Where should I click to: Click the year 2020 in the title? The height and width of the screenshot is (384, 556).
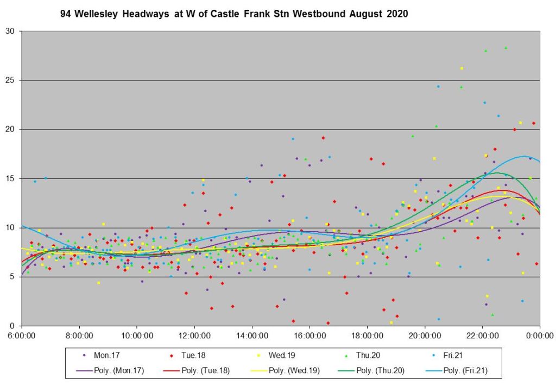(397, 14)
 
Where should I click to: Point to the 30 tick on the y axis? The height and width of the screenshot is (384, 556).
(10, 31)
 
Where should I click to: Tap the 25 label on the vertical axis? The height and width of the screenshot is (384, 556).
(10, 80)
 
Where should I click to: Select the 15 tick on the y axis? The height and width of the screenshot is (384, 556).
(10, 178)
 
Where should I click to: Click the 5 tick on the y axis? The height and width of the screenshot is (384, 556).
(12, 277)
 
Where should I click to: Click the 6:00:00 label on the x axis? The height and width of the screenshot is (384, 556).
(22, 335)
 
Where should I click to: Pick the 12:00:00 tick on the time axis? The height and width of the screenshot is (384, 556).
(194, 335)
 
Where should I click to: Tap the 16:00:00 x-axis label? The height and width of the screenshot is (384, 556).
(309, 335)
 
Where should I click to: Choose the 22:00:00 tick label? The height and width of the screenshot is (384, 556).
(482, 335)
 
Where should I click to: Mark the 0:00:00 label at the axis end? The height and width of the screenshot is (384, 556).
(540, 335)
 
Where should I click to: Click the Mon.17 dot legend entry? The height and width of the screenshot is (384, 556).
(103, 355)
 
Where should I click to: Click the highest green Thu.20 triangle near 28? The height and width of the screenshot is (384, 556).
(506, 48)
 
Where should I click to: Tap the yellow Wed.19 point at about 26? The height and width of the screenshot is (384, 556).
(462, 69)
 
